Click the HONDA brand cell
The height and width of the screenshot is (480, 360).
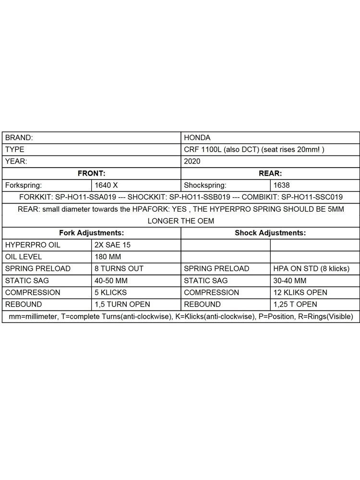click(x=197, y=137)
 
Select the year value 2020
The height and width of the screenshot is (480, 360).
click(x=192, y=161)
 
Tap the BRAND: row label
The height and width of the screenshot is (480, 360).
click(x=19, y=137)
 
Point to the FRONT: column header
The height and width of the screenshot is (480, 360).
click(x=91, y=173)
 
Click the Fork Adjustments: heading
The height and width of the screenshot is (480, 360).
click(x=91, y=233)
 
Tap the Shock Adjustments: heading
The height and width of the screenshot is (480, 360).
click(x=270, y=233)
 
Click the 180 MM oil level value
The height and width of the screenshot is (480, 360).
click(x=108, y=257)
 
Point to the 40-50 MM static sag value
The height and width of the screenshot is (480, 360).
click(x=112, y=280)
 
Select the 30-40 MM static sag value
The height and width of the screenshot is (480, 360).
click(x=290, y=280)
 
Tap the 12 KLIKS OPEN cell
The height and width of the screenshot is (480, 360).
click(x=300, y=292)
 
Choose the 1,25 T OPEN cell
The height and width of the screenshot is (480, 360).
click(x=295, y=304)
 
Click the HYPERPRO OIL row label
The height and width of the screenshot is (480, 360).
click(x=33, y=245)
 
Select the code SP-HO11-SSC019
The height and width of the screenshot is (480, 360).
click(x=312, y=197)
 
